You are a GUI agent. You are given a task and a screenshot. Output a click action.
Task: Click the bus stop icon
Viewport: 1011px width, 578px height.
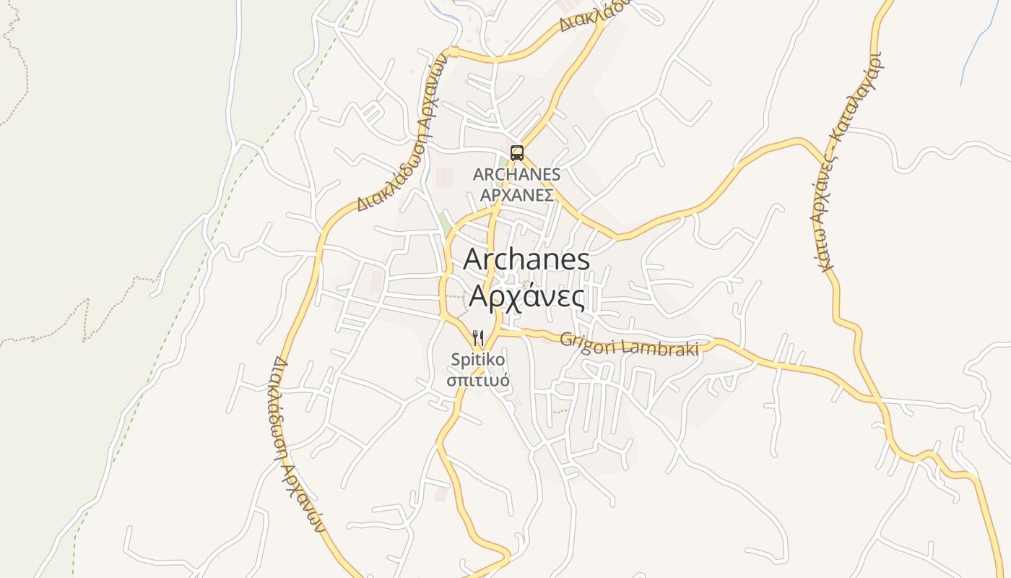[x=516, y=152]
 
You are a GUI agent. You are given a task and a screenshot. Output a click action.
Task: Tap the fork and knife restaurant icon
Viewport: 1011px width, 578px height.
[x=477, y=338]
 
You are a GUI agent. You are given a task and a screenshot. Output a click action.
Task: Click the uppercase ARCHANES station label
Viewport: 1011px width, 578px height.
[x=516, y=175]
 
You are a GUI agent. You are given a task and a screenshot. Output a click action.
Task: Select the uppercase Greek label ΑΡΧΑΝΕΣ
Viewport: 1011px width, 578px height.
[x=517, y=195]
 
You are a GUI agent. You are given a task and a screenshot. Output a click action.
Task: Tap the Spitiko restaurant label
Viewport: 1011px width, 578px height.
[x=477, y=359]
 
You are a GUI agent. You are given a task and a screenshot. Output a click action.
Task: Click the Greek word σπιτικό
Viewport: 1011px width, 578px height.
[x=477, y=380]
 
